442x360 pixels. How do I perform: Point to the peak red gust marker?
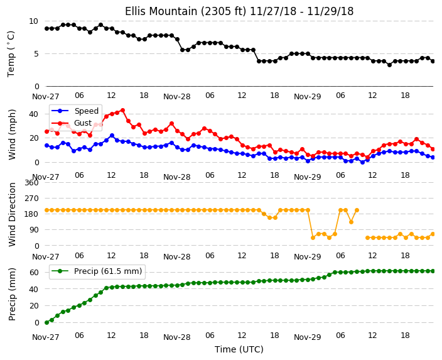click(122, 111)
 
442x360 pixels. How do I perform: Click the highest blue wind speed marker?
click(112, 136)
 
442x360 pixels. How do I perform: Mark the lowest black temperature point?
click(389, 65)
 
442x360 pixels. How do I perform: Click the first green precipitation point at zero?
click(47, 322)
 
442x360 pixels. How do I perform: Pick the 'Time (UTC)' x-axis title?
click(239, 349)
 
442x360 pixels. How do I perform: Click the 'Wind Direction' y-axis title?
click(12, 214)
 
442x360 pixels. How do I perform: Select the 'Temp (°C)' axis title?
click(11, 54)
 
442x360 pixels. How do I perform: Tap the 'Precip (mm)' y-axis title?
click(12, 294)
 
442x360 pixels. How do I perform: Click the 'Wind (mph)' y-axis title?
click(12, 135)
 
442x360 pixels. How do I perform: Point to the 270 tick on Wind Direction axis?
click(31, 199)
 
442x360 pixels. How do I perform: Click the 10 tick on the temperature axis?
click(33, 21)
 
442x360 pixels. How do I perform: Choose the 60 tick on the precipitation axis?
click(34, 272)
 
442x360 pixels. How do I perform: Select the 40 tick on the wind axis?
click(33, 114)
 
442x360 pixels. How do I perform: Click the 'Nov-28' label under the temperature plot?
click(177, 97)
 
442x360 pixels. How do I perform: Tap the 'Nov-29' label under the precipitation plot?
click(308, 337)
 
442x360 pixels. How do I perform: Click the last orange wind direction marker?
click(433, 234)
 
